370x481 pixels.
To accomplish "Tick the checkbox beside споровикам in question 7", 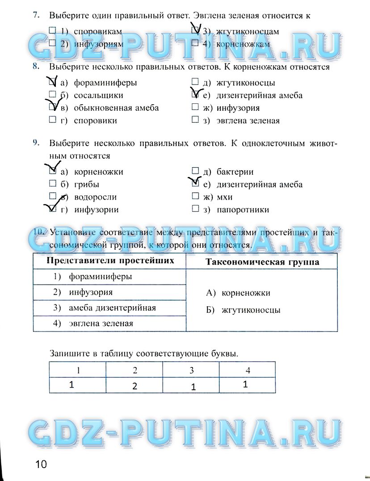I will tap(52, 31).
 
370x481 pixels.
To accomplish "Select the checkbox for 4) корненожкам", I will tap(195, 44).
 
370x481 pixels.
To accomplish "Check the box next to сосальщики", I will tap(52, 95).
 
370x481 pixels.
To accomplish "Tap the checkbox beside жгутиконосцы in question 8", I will tap(195, 82).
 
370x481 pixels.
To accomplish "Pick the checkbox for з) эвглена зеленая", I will tap(195, 120).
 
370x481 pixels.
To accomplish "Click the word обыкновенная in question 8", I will tap(99, 108).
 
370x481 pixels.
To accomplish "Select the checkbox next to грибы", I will tap(52, 184).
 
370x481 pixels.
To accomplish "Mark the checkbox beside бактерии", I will tap(195, 171).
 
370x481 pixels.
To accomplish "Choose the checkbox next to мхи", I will tap(195, 196).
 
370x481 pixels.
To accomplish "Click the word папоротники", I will tap(243, 209).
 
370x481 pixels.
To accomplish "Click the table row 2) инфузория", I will tap(109, 293).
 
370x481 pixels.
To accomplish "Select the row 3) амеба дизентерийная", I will tap(109, 308).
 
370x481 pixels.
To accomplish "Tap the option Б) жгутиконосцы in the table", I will tap(244, 310).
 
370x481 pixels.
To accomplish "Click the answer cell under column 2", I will tap(135, 385).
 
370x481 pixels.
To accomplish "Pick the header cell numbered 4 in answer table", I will tap(247, 370).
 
